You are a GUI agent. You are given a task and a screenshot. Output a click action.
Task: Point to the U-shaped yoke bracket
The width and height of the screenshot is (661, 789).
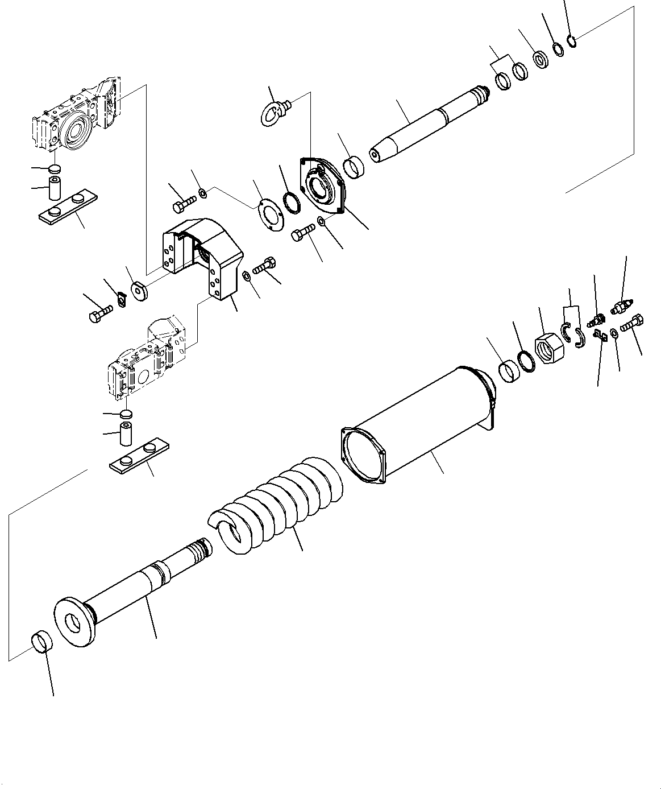click(205, 256)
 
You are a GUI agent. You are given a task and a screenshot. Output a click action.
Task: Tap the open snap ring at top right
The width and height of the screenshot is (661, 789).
click(572, 40)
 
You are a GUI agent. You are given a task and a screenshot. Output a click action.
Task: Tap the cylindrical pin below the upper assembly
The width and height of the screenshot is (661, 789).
click(56, 188)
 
